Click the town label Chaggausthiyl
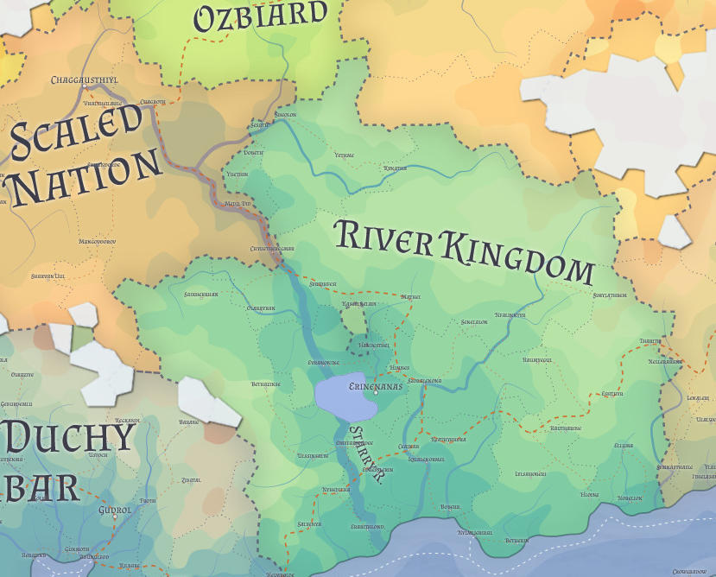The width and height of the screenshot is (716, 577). tap(84, 80)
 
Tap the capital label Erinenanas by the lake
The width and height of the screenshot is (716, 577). tap(375, 387)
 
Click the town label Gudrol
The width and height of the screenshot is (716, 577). tap(115, 510)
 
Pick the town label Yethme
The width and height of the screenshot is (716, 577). tap(344, 155)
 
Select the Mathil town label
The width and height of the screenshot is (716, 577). tap(410, 296)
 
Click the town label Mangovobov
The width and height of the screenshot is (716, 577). tap(97, 242)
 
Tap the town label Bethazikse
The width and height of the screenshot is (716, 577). tap(266, 383)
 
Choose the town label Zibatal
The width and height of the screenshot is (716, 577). tap(191, 480)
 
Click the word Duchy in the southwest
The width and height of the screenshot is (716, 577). tap(69, 440)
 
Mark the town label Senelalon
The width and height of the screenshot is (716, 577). tap(474, 322)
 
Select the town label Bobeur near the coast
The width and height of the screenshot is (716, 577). tap(450, 507)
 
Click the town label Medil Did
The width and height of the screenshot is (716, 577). tap(237, 204)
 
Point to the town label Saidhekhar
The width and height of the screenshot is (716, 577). tap(201, 294)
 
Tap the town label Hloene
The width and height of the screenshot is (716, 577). tap(590, 495)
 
